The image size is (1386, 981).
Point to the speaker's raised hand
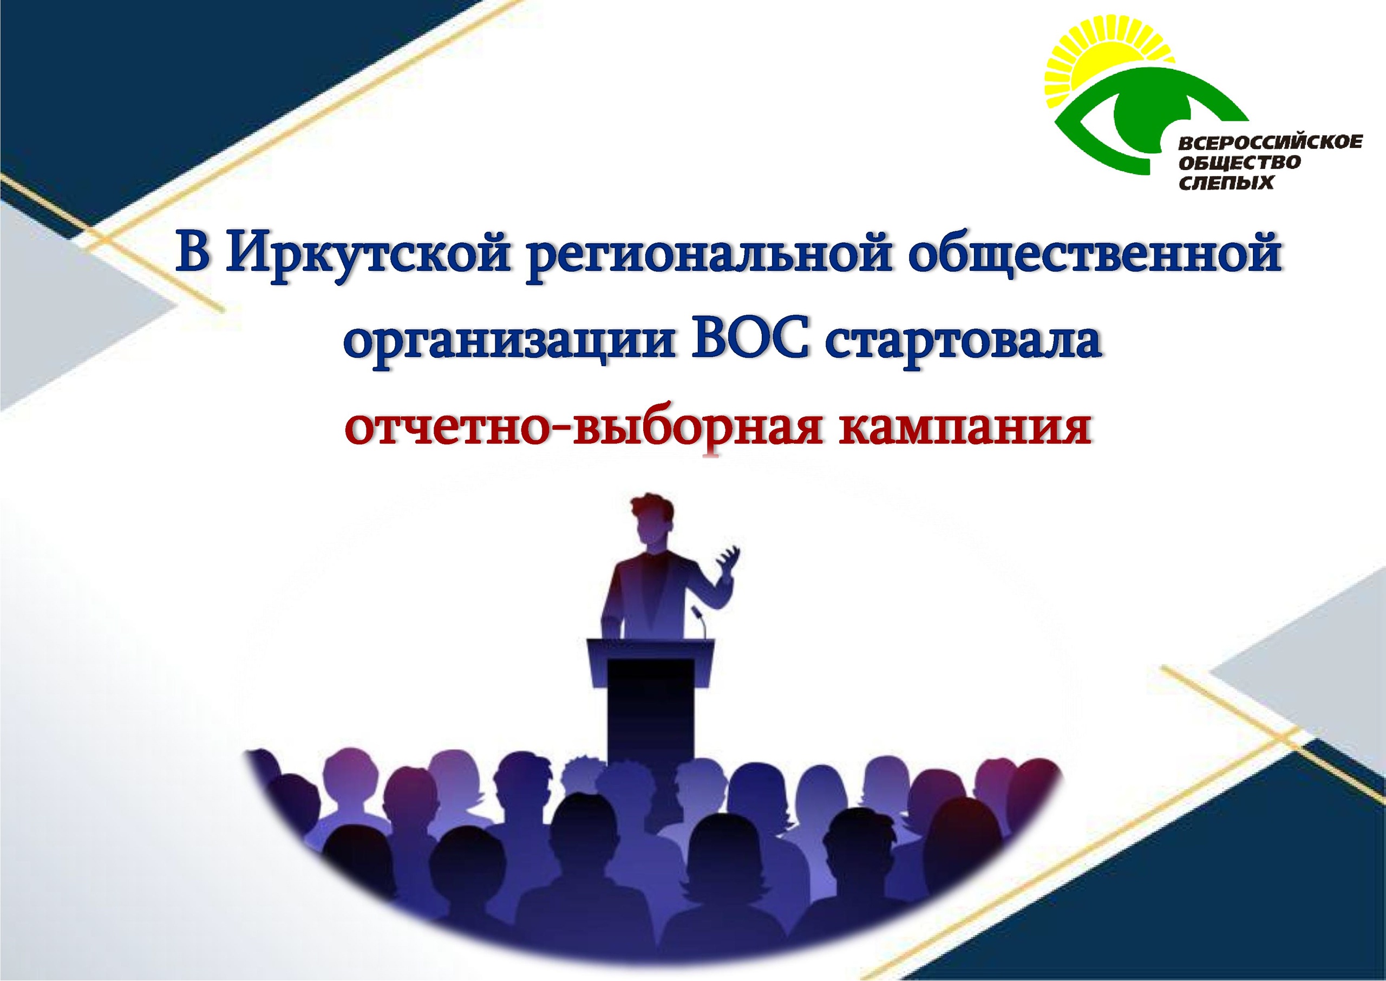(x=728, y=560)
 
